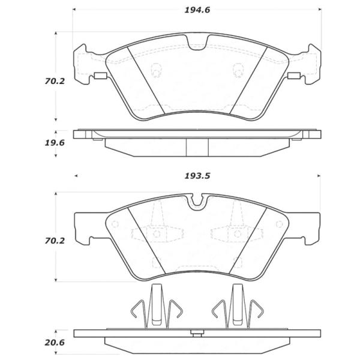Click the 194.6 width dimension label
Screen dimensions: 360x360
(x=197, y=10)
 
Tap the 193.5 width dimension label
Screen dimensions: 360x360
(x=197, y=176)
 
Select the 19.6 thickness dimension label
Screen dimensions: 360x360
(x=55, y=143)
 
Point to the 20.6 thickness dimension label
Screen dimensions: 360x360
(x=55, y=343)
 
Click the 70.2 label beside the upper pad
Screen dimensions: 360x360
(x=55, y=81)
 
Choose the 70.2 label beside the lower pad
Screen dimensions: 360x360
(x=55, y=241)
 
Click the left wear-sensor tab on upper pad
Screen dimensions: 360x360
(x=100, y=76)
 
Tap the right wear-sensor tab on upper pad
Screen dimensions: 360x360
(x=294, y=76)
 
